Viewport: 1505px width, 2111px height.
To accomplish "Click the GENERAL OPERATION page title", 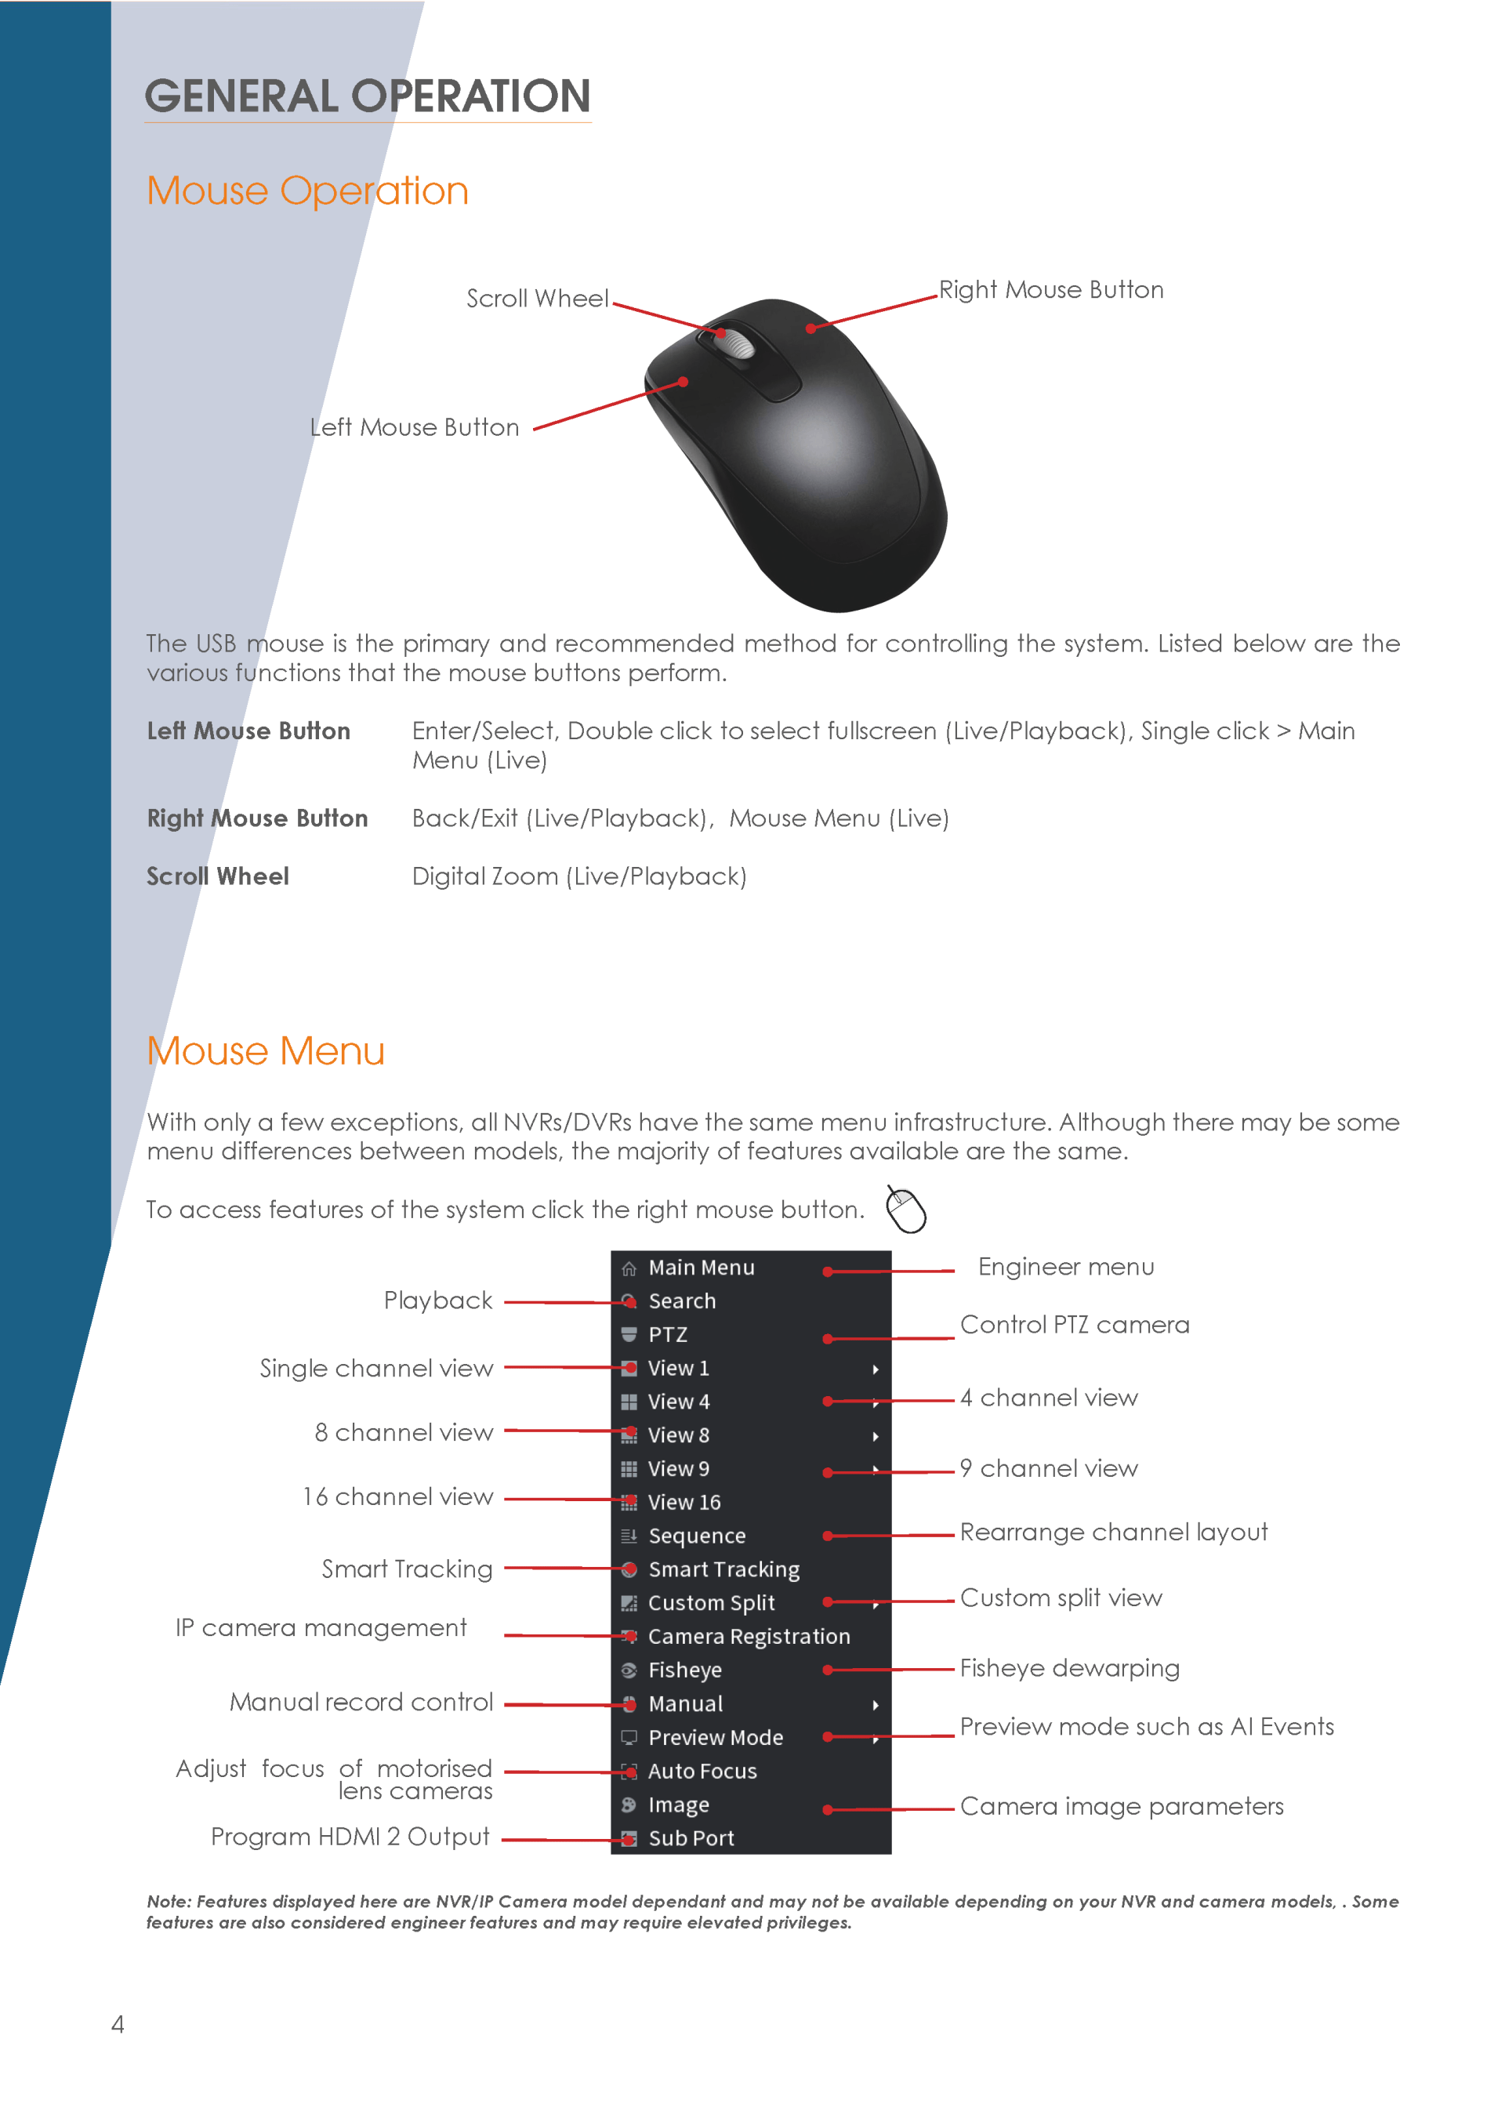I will point(367,96).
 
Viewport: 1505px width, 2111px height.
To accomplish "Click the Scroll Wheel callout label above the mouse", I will point(537,299).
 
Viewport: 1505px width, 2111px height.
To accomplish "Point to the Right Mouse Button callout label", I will point(1050,290).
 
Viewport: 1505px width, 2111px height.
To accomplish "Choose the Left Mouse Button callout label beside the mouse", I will point(414,427).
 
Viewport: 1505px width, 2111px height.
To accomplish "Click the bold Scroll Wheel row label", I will point(218,876).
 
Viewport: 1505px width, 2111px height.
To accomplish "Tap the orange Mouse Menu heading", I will point(265,1051).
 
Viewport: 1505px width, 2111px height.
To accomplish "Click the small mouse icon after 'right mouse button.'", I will point(905,1210).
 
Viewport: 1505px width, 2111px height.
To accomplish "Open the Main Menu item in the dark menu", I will point(701,1267).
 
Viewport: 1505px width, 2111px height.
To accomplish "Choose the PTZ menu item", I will point(667,1334).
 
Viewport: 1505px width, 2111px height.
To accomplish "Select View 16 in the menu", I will point(684,1502).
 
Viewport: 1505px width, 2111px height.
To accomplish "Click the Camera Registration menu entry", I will point(748,1637).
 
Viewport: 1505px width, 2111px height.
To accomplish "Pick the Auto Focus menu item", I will point(702,1771).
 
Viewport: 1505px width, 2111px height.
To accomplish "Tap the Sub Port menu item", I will point(691,1837).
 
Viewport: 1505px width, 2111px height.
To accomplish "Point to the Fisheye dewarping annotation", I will point(1068,1669).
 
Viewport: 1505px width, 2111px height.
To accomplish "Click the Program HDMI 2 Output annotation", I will point(350,1837).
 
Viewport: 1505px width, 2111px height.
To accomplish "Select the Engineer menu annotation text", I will point(1066,1267).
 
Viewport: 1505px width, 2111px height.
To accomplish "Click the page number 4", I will point(118,2024).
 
